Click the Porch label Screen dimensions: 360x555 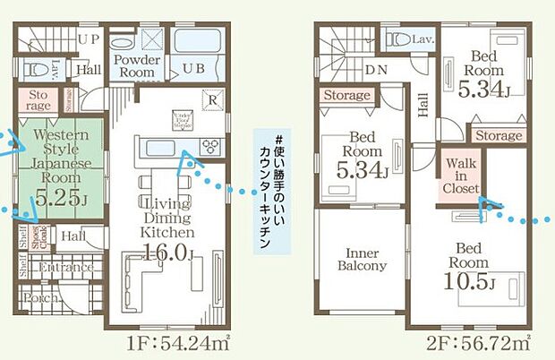pos(38,298)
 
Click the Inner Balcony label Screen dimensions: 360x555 pos(362,259)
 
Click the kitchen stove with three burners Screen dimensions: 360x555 pos(209,147)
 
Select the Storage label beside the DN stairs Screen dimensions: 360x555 pos(346,96)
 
